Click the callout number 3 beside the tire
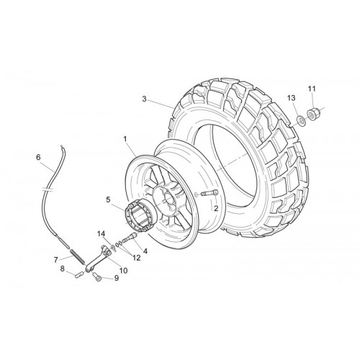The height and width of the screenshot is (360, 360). click(144, 99)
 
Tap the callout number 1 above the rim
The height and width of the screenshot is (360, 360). click(125, 139)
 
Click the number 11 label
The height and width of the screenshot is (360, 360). click(312, 89)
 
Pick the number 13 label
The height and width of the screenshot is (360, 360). click(292, 98)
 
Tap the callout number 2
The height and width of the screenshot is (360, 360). click(216, 208)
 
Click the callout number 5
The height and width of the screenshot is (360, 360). click(108, 199)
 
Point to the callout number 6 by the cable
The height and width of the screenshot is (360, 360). click(38, 157)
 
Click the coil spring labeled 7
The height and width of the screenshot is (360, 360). click(77, 256)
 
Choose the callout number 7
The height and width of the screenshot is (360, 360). click(56, 260)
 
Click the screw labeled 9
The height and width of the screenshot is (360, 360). click(97, 276)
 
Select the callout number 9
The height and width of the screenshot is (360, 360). click(117, 278)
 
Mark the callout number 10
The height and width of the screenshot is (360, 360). click(123, 271)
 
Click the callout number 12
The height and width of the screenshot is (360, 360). click(136, 258)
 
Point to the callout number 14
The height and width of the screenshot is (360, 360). click(101, 233)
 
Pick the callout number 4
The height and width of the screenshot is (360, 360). click(145, 251)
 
